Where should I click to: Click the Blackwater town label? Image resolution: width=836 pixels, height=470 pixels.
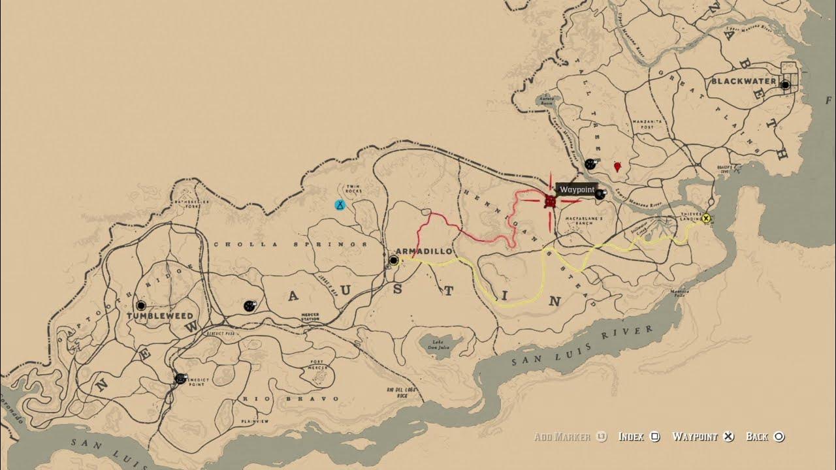click(743, 82)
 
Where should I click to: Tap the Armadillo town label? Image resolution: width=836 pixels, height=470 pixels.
click(425, 251)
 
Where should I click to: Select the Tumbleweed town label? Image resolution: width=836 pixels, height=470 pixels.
click(160, 316)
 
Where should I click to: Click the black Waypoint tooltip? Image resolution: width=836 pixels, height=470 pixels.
click(577, 189)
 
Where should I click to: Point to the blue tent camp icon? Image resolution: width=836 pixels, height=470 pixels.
click(340, 205)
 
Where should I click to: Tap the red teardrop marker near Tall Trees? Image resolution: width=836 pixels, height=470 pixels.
click(617, 167)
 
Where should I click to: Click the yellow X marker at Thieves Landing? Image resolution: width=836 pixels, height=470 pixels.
click(706, 219)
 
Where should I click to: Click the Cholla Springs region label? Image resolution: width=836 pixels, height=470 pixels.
click(291, 244)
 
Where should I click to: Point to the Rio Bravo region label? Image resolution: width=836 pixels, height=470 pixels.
click(291, 398)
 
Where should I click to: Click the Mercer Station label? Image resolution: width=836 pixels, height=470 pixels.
click(310, 317)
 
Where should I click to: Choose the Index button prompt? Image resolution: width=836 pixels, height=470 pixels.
click(639, 437)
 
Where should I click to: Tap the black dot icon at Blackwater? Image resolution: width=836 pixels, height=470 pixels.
click(785, 85)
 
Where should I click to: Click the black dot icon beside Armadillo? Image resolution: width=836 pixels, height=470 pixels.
click(393, 260)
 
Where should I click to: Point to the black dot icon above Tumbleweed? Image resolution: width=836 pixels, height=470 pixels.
click(141, 305)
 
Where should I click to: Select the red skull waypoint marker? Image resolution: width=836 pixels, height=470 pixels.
click(551, 200)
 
